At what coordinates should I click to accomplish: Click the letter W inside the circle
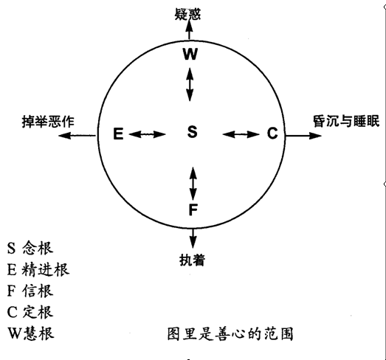point(190,54)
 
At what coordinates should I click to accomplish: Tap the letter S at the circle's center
point(192,131)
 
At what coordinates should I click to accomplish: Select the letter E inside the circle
point(118,134)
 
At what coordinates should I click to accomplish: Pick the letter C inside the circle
point(272,133)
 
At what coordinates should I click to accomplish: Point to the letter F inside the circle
point(193,210)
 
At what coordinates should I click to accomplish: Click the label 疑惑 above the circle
point(187,14)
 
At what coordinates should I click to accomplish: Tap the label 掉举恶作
point(48,121)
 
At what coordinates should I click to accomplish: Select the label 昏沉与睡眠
point(346,121)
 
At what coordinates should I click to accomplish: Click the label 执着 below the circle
point(192,260)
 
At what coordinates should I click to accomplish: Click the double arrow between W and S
point(189,84)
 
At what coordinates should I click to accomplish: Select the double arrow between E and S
point(147,134)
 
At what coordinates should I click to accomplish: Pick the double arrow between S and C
point(241,134)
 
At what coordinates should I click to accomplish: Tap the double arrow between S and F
point(193,184)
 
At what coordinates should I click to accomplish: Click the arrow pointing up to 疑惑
point(189,30)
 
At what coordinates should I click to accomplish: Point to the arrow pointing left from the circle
point(77,135)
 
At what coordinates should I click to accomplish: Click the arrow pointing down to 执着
point(193,238)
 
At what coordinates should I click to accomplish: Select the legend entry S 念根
point(30,248)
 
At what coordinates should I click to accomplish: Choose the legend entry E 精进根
point(38,269)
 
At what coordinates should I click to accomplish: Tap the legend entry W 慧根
point(31,333)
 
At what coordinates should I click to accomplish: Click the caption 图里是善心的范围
point(230,334)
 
